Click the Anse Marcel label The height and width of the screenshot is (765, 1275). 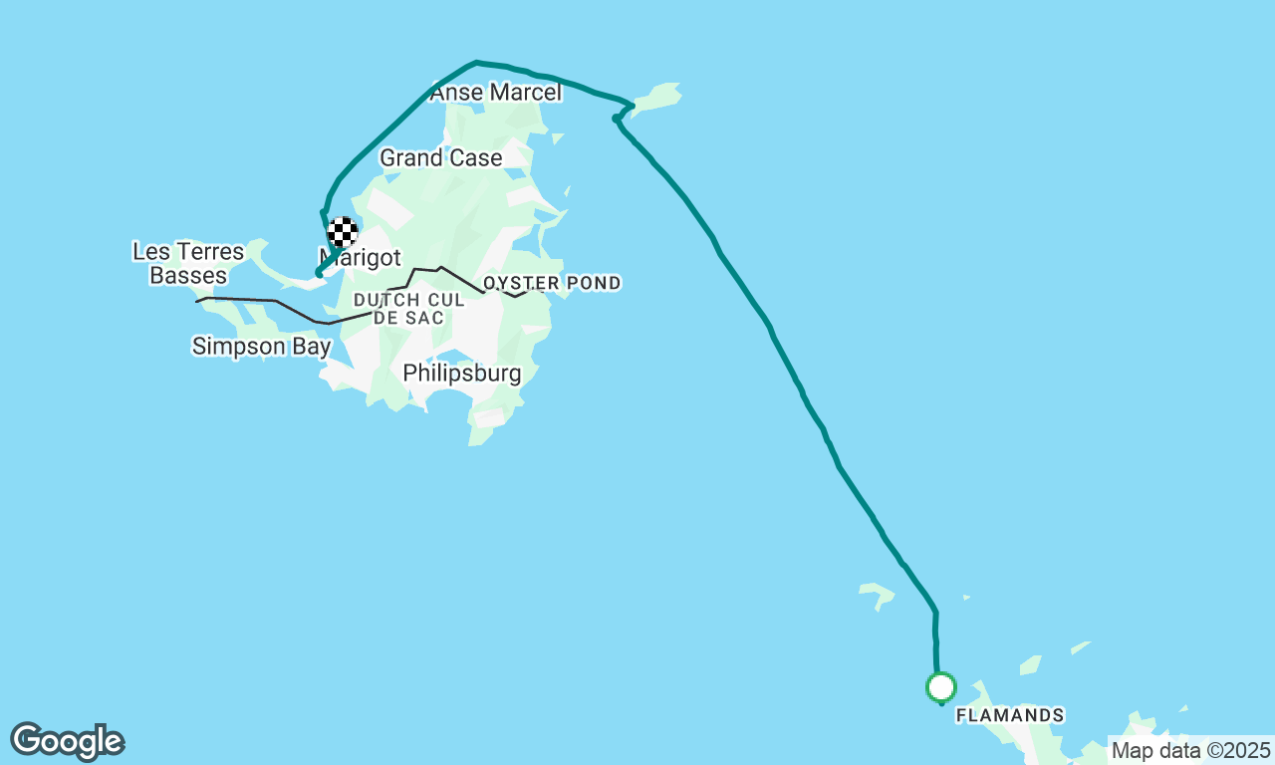495,93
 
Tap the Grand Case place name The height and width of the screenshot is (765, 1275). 440,157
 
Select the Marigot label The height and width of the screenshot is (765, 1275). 360,257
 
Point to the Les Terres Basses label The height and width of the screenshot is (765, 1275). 188,263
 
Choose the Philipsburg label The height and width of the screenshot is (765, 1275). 461,374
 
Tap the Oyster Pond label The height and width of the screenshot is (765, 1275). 552,283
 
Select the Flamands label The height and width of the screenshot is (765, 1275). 1009,715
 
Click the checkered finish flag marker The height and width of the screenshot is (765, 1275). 343,232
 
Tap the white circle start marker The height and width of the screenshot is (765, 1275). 940,686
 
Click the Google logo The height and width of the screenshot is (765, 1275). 67,742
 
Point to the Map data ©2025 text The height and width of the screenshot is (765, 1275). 1189,750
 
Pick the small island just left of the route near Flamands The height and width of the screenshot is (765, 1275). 877,595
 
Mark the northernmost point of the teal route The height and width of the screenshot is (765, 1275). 476,62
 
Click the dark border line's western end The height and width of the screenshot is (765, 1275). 198,300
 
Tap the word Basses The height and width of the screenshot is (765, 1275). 188,275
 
